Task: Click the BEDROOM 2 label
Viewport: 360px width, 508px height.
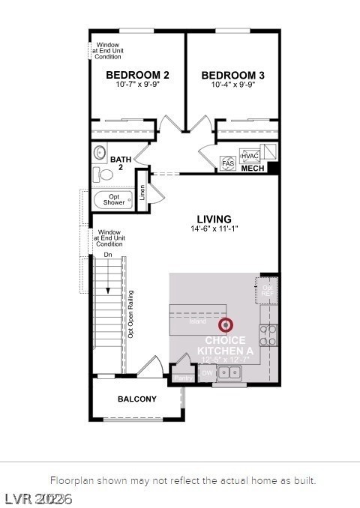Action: [137, 75]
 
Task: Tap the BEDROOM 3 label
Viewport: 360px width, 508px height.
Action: [232, 75]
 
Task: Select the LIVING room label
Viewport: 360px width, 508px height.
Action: [214, 219]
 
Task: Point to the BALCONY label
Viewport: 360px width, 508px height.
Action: [137, 399]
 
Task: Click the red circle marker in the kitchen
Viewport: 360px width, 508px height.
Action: [226, 325]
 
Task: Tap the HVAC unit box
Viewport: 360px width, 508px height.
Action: [250, 156]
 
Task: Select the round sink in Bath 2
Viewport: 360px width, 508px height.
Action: [100, 153]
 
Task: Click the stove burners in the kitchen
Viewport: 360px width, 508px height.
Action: [268, 334]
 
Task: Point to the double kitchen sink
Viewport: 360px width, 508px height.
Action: [229, 374]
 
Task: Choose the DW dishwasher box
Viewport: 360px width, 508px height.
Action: [207, 372]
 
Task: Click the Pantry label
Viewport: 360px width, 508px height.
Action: [182, 378]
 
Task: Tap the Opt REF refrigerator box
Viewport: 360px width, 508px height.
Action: [266, 289]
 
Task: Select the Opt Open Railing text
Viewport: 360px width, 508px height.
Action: [130, 315]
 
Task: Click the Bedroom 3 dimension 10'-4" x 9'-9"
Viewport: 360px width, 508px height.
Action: [232, 85]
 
